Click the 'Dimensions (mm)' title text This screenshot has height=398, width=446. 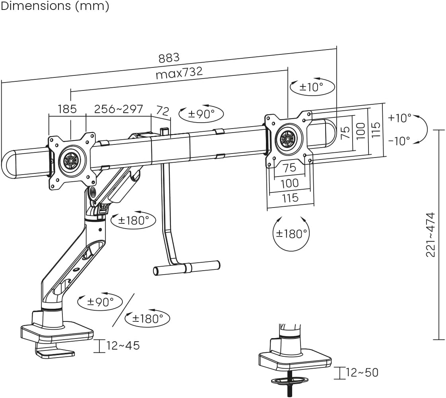tap(54, 7)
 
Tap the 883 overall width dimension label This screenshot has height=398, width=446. tap(169, 58)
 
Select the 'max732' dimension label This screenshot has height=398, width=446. tap(179, 73)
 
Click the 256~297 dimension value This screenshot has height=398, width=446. tap(118, 109)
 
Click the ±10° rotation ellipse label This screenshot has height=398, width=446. tap(312, 87)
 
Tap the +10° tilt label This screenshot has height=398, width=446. tap(400, 118)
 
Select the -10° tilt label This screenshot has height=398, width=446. tap(399, 141)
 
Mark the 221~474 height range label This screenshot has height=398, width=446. tap(431, 235)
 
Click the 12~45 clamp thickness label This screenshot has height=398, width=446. tap(123, 346)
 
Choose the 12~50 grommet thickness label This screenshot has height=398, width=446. tap(362, 373)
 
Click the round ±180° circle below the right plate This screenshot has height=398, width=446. tap(292, 234)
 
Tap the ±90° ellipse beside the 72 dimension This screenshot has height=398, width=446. tap(201, 114)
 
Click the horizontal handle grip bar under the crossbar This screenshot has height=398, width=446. tap(187, 267)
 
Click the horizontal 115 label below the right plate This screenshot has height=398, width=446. tap(290, 198)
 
